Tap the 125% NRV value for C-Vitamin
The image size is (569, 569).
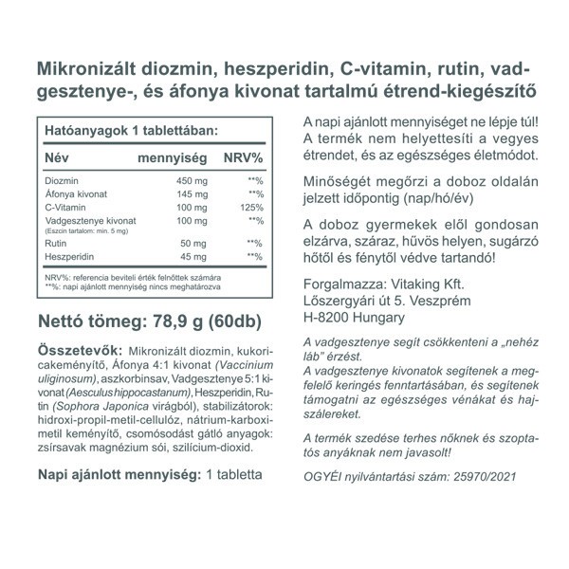[249, 207]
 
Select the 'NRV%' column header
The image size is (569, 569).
[243, 156]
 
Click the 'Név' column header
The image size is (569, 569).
[59, 156]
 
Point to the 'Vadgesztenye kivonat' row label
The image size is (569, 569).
[90, 220]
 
